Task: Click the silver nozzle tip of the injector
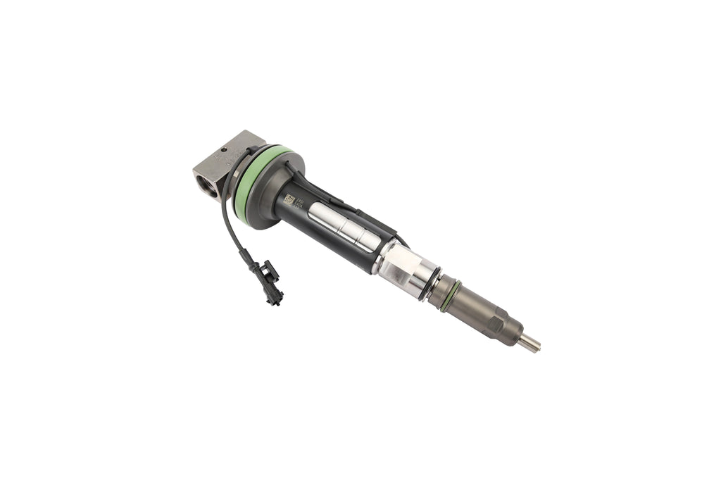pyautogui.click(x=529, y=344)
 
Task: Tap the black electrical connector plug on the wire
pyautogui.click(x=270, y=281)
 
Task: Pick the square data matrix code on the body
pyautogui.click(x=289, y=200)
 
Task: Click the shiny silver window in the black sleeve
pyautogui.click(x=344, y=225)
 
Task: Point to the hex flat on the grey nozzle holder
pyautogui.click(x=496, y=323)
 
